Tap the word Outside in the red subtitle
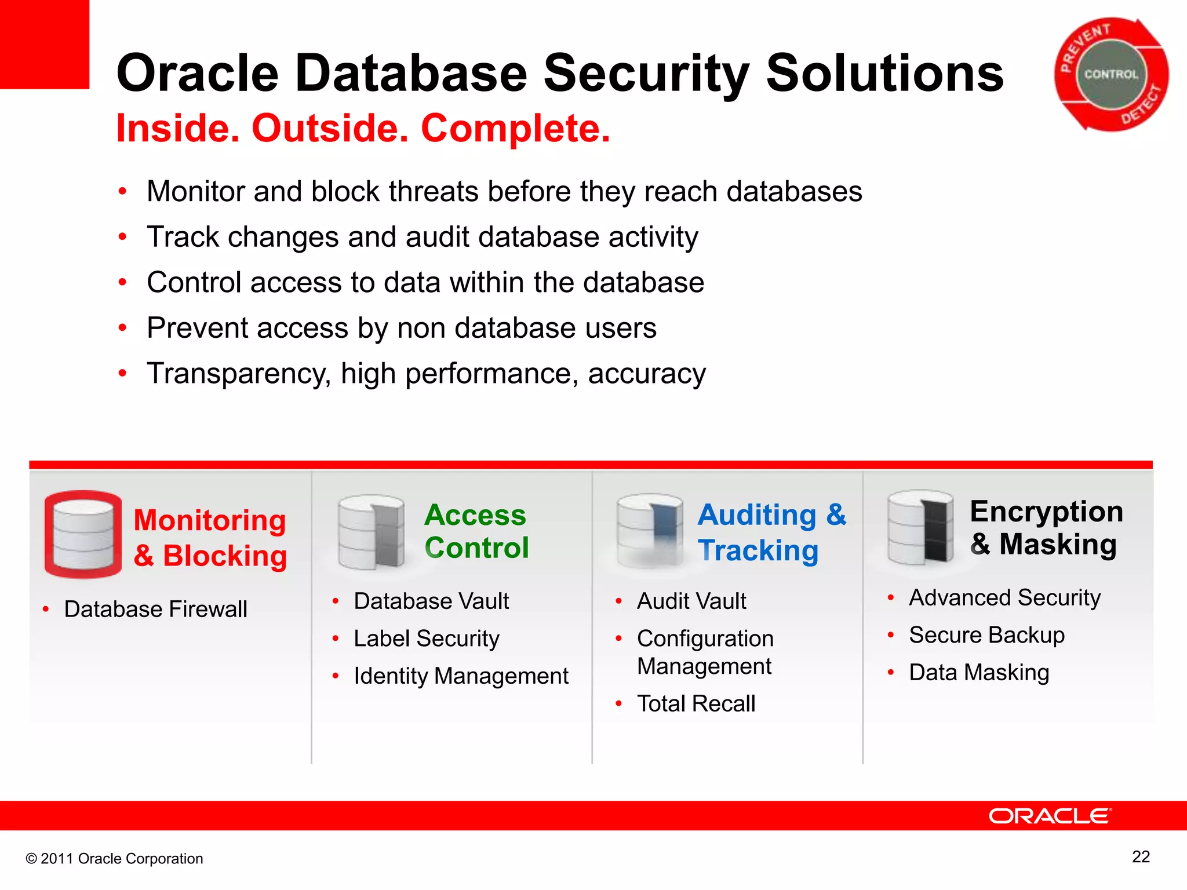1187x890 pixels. pyautogui.click(x=329, y=128)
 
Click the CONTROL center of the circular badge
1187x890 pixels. pyautogui.click(x=1111, y=75)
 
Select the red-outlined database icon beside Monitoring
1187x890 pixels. pyautogui.click(x=83, y=534)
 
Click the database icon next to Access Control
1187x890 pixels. pyautogui.click(x=372, y=532)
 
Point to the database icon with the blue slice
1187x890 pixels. pyautogui.click(x=650, y=530)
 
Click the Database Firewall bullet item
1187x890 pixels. pyautogui.click(x=155, y=610)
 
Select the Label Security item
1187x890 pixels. pyautogui.click(x=426, y=639)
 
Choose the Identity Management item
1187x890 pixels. pyautogui.click(x=461, y=676)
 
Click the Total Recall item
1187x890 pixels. pyautogui.click(x=696, y=704)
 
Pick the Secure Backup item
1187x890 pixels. pyautogui.click(x=986, y=636)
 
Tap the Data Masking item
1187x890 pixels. pyautogui.click(x=979, y=673)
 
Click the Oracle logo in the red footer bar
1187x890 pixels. pyautogui.click(x=1050, y=816)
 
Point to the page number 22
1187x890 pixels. pyautogui.click(x=1141, y=857)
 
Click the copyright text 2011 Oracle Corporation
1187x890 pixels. pyautogui.click(x=115, y=859)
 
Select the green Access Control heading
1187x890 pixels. pyautogui.click(x=476, y=531)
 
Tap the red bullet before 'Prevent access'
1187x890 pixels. pyautogui.click(x=122, y=328)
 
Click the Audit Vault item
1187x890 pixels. pyautogui.click(x=691, y=601)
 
